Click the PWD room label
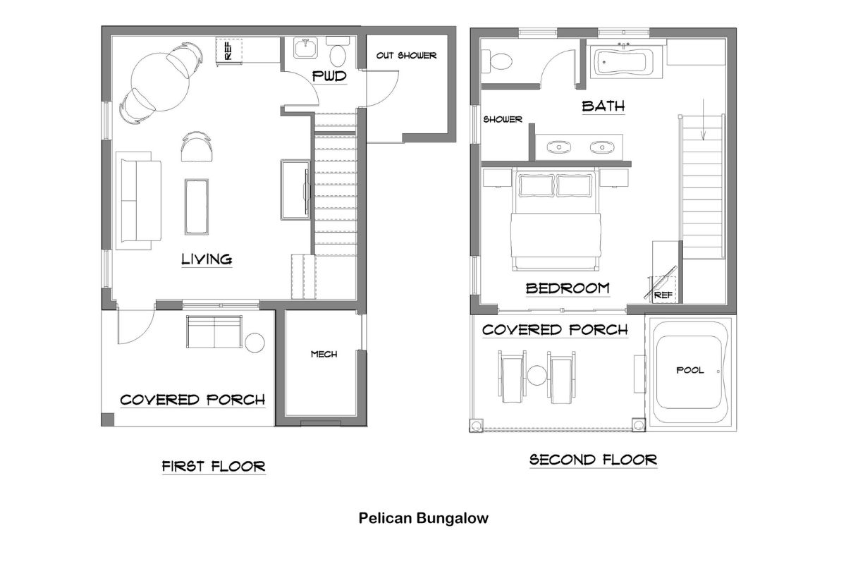(x=330, y=76)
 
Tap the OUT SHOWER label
(x=406, y=56)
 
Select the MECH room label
(x=324, y=354)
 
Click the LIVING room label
(x=207, y=259)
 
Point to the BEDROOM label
(x=568, y=288)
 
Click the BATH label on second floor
(x=603, y=106)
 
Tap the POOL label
(x=689, y=370)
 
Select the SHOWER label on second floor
(x=503, y=120)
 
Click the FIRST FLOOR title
(x=214, y=466)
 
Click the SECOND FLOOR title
(x=593, y=460)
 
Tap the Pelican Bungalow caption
(x=423, y=519)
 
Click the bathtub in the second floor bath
(x=625, y=62)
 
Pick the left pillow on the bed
(x=537, y=185)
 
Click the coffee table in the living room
(x=197, y=206)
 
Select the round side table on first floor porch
(x=254, y=343)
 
